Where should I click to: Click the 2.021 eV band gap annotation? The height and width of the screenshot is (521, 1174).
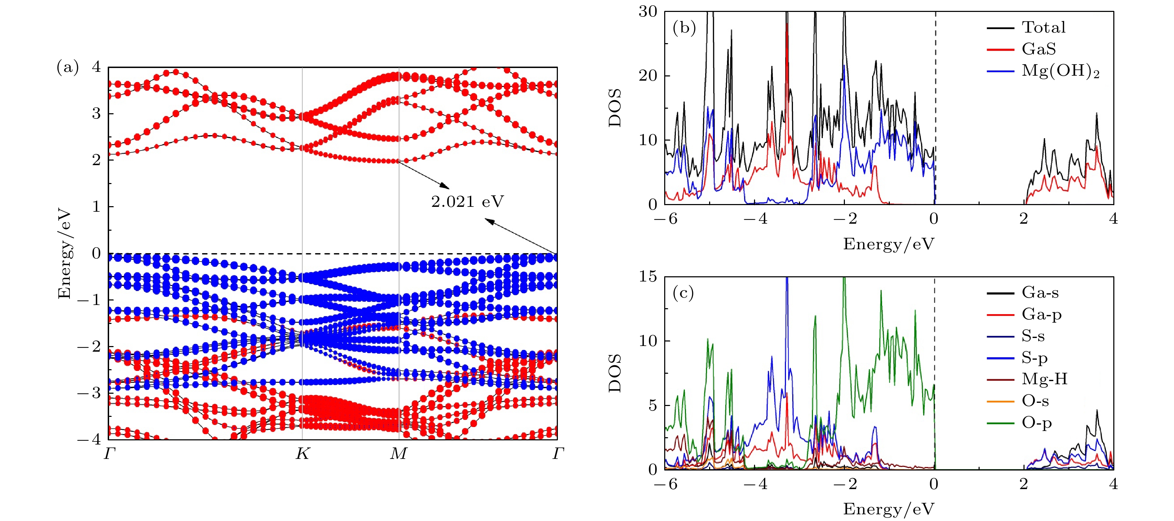point(467,201)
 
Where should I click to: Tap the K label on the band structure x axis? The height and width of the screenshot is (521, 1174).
point(302,454)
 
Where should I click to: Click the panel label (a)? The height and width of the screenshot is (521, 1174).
point(67,67)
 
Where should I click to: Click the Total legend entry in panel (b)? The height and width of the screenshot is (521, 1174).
point(1043,27)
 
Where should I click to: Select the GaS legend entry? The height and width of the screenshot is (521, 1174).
point(1038,49)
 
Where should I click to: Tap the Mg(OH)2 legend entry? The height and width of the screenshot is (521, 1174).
point(1060,71)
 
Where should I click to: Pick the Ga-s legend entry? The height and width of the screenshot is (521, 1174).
point(1040,292)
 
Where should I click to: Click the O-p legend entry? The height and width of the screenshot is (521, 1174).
point(1036,423)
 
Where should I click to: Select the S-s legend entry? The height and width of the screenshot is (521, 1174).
point(1033,336)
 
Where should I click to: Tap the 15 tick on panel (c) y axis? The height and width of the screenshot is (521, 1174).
point(648,276)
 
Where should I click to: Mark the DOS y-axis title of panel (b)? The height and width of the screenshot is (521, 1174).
point(615,108)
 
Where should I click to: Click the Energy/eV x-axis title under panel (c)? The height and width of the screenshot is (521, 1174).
point(888,509)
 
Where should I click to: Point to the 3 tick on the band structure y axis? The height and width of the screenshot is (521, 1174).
point(96,113)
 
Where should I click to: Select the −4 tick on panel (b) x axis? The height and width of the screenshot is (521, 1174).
point(755,219)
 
